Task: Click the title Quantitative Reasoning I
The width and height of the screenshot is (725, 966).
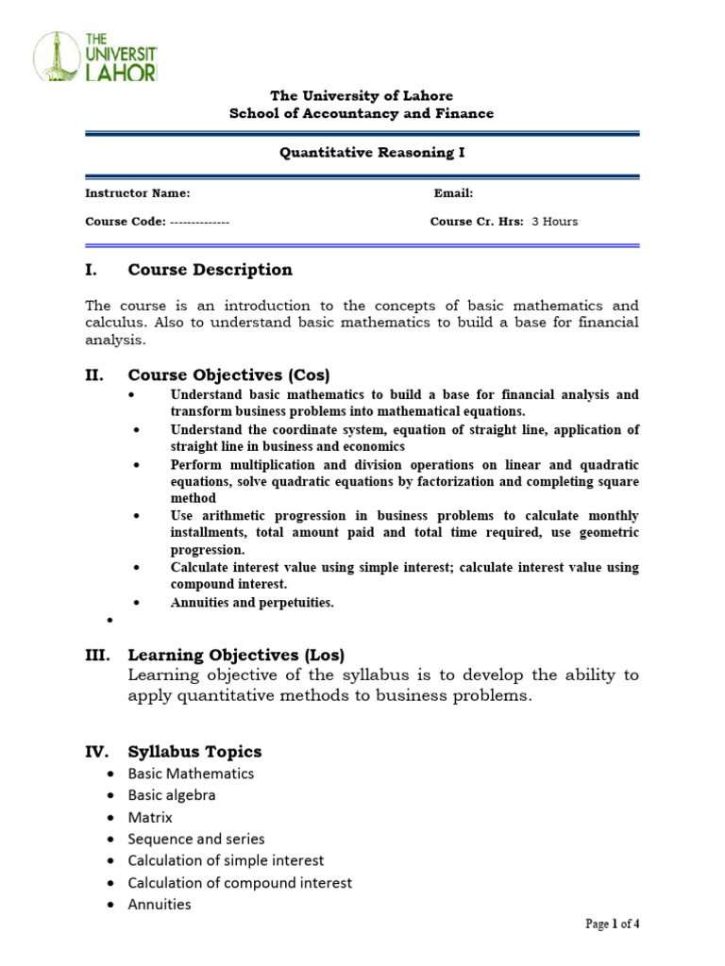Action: [x=362, y=153]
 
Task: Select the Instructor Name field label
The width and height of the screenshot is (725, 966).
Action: [x=138, y=193]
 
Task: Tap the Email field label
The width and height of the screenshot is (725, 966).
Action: [x=453, y=193]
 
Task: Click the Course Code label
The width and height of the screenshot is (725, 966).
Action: [x=126, y=222]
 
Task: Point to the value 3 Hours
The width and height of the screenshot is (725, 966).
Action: [x=555, y=222]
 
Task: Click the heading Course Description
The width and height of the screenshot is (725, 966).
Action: [x=210, y=270]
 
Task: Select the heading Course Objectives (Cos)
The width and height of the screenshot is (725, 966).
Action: [x=228, y=375]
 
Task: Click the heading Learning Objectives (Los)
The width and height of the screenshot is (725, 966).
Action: [x=236, y=655]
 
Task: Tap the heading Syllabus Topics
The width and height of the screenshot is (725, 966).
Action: [x=194, y=752]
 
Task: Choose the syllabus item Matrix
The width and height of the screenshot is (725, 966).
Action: [x=151, y=817]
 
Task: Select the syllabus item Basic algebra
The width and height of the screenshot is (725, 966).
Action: [x=172, y=795]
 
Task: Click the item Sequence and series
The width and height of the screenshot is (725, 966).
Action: [x=196, y=839]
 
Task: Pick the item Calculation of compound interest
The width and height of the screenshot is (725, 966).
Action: [x=240, y=883]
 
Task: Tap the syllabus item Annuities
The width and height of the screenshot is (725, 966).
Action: [x=160, y=905]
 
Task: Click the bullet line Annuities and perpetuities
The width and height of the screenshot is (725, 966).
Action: [x=252, y=603]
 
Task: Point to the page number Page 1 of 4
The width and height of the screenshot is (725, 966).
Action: [x=613, y=924]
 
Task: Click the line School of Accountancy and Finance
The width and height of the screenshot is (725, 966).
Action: [x=362, y=113]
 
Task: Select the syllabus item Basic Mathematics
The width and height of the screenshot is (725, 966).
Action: [x=192, y=774]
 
